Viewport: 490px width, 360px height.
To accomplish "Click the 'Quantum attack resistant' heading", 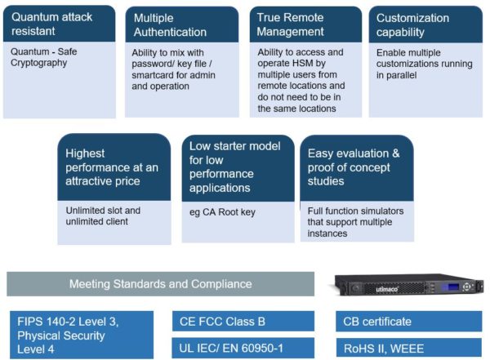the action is coord(52,24).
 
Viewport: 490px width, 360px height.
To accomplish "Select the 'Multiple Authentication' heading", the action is coord(170,25).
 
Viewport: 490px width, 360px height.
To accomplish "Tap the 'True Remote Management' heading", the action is coord(290,24).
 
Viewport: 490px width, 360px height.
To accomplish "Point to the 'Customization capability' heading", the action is coord(412,25).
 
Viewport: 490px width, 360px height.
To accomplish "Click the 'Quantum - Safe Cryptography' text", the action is coord(44,57).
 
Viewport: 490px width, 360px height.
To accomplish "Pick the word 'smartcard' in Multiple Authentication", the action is coord(152,75).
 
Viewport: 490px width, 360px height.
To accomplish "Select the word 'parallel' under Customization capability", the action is coord(401,75).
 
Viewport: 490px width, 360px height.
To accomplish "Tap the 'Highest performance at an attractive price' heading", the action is coord(112,167).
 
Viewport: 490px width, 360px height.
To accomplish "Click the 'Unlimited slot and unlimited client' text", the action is coord(103,216).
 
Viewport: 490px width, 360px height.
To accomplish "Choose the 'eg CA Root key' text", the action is coord(222,212).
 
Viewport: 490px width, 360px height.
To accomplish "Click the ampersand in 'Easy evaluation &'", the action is coord(395,153).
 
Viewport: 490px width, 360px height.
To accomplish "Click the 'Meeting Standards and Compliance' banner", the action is coord(160,284).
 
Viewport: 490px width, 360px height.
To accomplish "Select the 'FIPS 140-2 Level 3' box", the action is coord(82,335).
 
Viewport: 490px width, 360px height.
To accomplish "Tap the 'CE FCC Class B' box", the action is coord(243,322).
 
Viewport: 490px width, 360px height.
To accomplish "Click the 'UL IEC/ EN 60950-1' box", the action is coord(243,348).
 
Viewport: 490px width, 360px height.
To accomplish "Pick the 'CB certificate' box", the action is coord(409,322).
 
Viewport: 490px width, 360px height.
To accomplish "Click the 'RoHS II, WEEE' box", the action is coord(409,348).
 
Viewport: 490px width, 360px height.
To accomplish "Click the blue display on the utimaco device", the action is coord(450,287).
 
